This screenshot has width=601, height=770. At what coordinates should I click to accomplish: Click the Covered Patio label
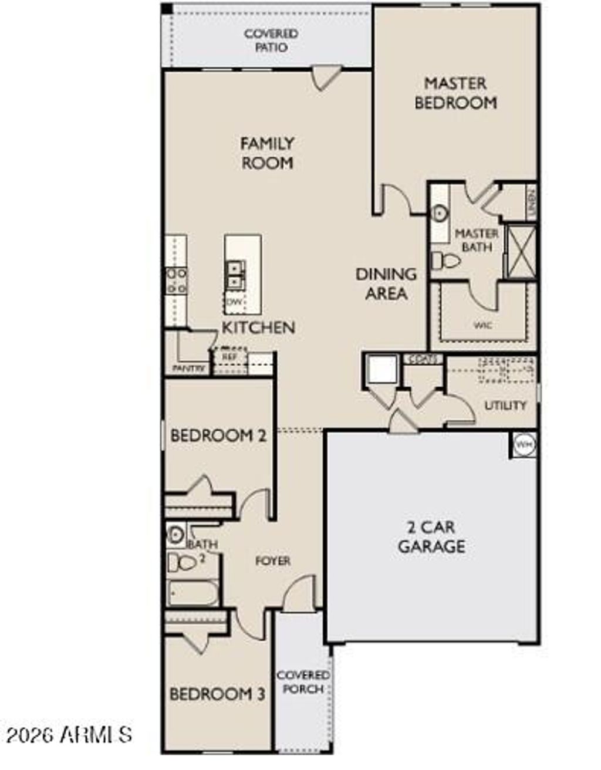tap(271, 40)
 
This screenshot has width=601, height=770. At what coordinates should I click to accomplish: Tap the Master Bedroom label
tap(455, 93)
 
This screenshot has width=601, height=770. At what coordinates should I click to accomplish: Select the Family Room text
tap(267, 153)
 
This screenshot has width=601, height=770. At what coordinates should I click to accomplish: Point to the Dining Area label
tap(386, 283)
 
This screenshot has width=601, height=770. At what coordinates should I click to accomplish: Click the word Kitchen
tap(258, 327)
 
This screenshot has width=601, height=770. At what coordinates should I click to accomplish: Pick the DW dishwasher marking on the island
tap(234, 302)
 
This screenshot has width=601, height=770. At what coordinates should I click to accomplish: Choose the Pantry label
tap(188, 369)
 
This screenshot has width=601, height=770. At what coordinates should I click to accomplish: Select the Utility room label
tap(505, 405)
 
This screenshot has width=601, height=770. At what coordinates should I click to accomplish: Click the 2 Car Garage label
tap(431, 537)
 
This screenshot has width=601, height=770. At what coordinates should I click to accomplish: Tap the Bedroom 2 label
tap(218, 435)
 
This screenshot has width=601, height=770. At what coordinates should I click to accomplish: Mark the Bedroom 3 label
tap(217, 694)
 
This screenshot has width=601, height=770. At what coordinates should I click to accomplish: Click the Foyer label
tap(273, 561)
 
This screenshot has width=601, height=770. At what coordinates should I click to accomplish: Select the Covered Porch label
tap(303, 682)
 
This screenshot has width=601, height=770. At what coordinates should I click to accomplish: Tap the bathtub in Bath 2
tap(193, 593)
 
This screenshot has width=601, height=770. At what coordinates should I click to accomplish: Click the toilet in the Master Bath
tap(444, 259)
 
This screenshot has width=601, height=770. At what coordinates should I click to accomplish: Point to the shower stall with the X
tap(520, 251)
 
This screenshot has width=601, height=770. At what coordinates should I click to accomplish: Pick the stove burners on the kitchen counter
tap(176, 281)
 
